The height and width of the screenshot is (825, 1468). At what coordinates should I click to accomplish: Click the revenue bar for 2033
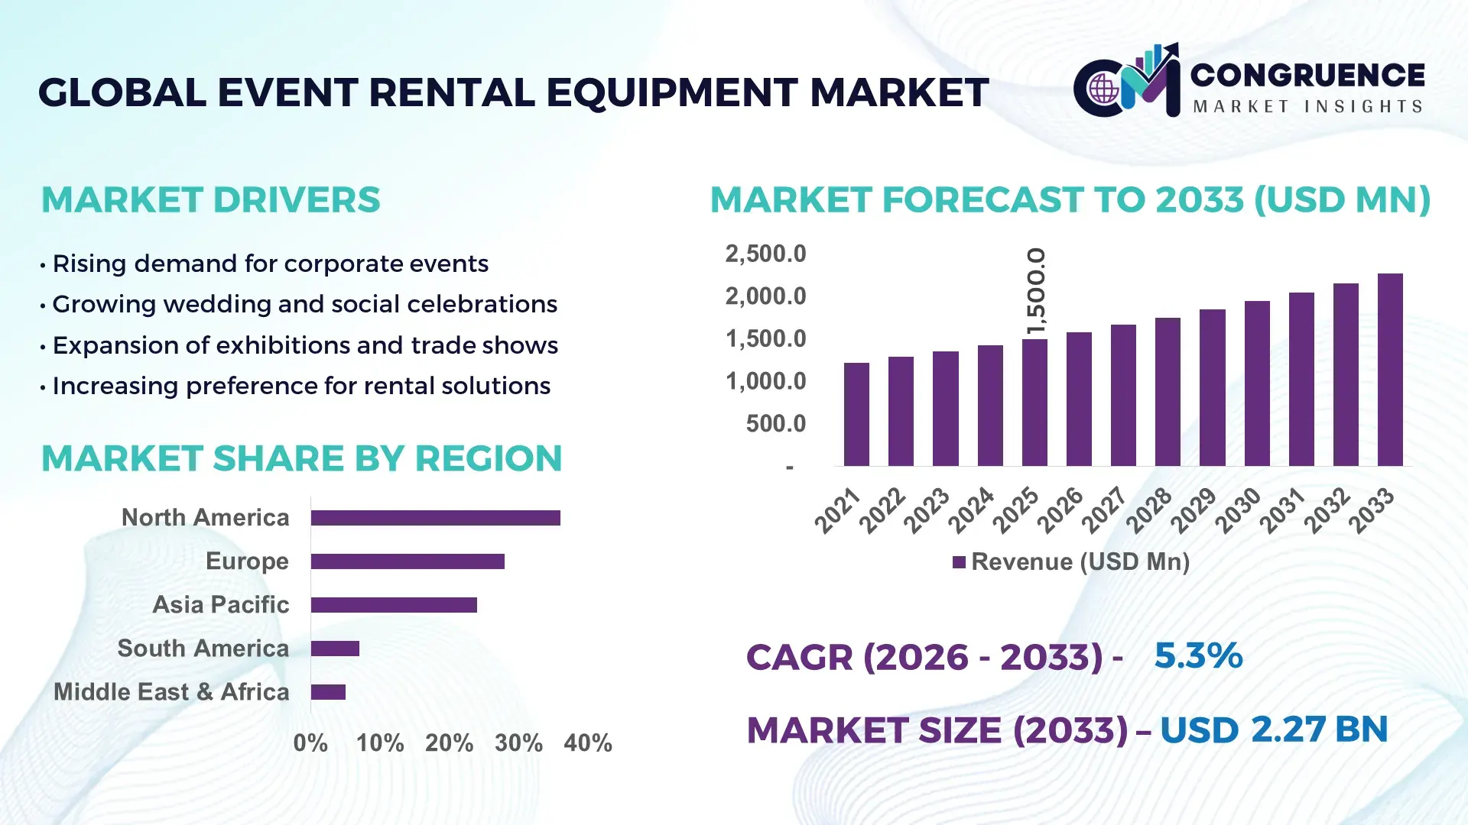[1390, 370]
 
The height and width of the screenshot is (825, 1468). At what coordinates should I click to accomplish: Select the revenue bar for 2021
[856, 414]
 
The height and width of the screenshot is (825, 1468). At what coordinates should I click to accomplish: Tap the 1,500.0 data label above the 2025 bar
[1035, 291]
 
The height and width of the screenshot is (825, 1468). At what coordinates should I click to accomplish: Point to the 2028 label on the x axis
[1148, 510]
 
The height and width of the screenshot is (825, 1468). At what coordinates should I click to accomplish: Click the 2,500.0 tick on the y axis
[765, 254]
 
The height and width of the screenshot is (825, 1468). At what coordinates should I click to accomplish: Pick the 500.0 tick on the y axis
[775, 424]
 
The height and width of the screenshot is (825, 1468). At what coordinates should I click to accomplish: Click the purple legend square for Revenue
[959, 562]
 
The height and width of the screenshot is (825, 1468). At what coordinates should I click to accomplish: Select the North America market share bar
[435, 518]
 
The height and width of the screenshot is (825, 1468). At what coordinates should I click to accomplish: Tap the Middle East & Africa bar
[328, 692]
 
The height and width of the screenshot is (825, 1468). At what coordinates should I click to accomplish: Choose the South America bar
[335, 649]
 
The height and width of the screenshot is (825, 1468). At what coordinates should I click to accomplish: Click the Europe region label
[247, 561]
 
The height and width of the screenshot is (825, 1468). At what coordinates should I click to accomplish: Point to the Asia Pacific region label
[221, 605]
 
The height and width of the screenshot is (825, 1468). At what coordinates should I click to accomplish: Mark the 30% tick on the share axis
[518, 743]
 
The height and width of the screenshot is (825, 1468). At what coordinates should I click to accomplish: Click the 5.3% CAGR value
[1198, 656]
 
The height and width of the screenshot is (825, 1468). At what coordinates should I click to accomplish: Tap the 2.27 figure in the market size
[1288, 730]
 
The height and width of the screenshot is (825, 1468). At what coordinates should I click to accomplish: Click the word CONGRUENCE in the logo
[1307, 75]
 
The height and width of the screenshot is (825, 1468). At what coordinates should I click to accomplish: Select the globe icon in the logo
[1103, 89]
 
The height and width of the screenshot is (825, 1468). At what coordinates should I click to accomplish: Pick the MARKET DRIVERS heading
[210, 200]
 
